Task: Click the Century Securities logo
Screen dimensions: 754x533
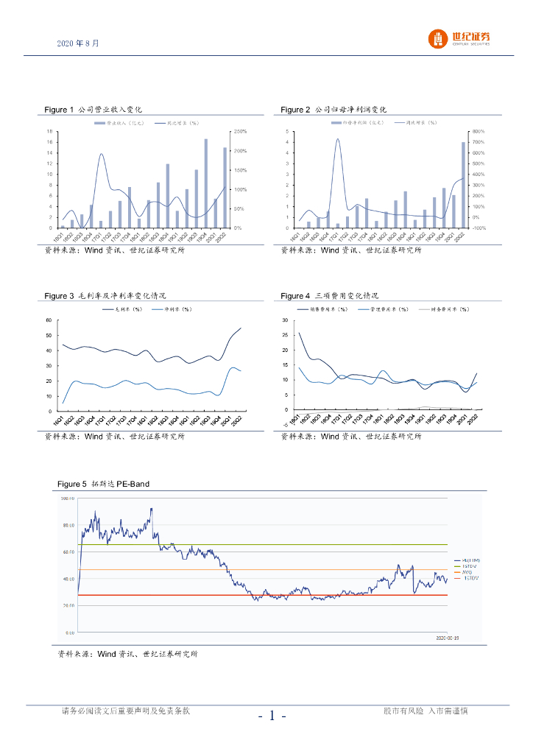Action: [x=461, y=38]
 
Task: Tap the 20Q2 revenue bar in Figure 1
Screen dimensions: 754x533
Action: [x=225, y=188]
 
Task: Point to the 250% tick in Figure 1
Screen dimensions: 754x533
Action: [x=239, y=131]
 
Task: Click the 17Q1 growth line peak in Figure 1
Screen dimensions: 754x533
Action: [x=102, y=154]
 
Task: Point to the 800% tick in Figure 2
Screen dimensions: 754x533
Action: [x=477, y=131]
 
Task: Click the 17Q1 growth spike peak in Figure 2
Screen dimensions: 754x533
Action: [x=338, y=138]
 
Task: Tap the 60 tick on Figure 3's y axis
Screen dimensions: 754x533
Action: [x=48, y=320]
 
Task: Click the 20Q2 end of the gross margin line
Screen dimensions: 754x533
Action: [x=241, y=328]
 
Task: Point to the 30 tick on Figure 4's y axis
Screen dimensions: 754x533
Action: [x=285, y=320]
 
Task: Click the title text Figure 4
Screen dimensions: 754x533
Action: [x=295, y=296]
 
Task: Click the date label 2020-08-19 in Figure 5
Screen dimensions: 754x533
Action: [x=447, y=638]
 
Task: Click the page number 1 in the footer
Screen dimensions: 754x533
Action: [x=272, y=716]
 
